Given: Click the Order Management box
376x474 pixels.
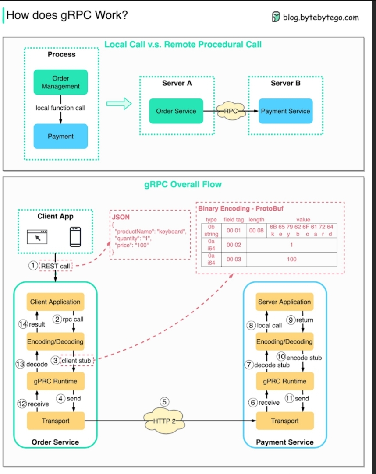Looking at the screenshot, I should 60,82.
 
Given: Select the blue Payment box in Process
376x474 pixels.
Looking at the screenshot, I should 60,136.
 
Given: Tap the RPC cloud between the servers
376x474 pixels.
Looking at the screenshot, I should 231,111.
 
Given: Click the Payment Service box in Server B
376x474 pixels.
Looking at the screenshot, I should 285,111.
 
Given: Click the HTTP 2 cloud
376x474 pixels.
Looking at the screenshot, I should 164,421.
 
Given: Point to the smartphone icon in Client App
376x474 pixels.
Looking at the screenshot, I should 75,237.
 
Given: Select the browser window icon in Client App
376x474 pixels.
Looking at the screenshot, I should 37,237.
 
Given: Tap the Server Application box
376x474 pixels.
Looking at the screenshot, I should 284,302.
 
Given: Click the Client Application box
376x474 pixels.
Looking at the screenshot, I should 55,302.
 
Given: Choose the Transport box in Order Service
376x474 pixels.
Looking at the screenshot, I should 56,421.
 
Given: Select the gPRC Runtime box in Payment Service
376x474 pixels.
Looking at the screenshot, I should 284,381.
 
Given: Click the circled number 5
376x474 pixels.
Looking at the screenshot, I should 164,402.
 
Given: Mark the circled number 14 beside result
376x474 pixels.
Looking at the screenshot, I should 23,324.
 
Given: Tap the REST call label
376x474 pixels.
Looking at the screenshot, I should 56,266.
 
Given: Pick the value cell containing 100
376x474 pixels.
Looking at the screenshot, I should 291,259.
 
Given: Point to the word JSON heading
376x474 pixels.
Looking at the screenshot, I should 121,217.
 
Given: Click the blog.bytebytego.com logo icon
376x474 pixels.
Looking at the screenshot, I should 276,17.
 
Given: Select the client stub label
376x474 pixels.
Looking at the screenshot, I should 77,361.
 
